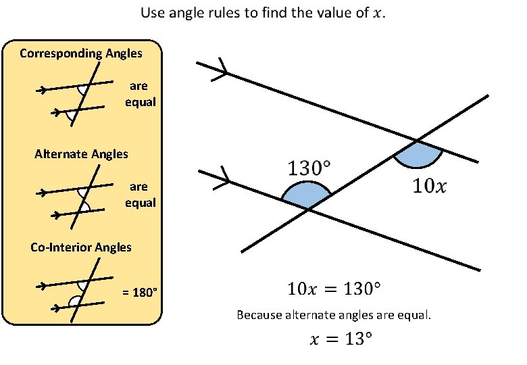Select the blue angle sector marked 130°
click(305, 195)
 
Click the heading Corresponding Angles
click(81, 53)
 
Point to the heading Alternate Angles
click(81, 154)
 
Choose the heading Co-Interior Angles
click(81, 247)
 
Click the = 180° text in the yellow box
click(140, 293)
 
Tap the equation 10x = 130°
click(334, 290)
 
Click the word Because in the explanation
click(259, 315)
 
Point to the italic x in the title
click(377, 14)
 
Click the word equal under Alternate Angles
click(140, 203)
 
